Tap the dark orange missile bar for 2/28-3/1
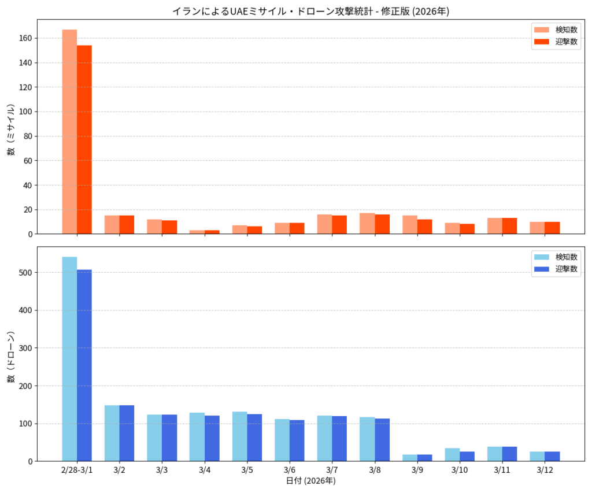pyautogui.click(x=84, y=139)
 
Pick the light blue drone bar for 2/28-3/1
pyautogui.click(x=69, y=359)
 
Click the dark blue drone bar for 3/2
pyautogui.click(x=127, y=433)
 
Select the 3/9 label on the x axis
pyautogui.click(x=417, y=470)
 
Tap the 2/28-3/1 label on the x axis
pyautogui.click(x=77, y=470)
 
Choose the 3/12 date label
pyautogui.click(x=545, y=470)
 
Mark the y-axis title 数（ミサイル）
pyautogui.click(x=11, y=129)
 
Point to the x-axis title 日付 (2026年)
pyautogui.click(x=311, y=481)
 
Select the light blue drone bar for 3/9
pyautogui.click(x=410, y=458)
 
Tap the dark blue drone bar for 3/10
pyautogui.click(x=467, y=457)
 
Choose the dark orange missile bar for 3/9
pyautogui.click(x=424, y=227)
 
